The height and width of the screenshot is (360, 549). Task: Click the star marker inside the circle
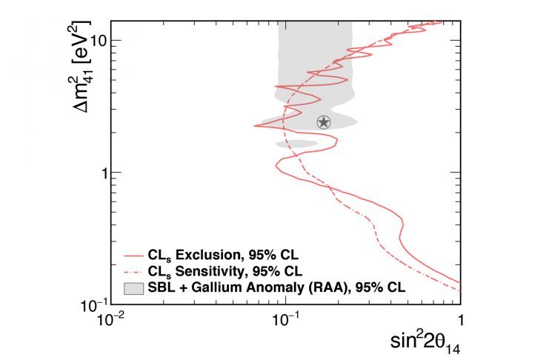(x=324, y=121)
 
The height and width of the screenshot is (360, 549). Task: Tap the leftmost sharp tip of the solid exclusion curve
(x=255, y=126)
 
